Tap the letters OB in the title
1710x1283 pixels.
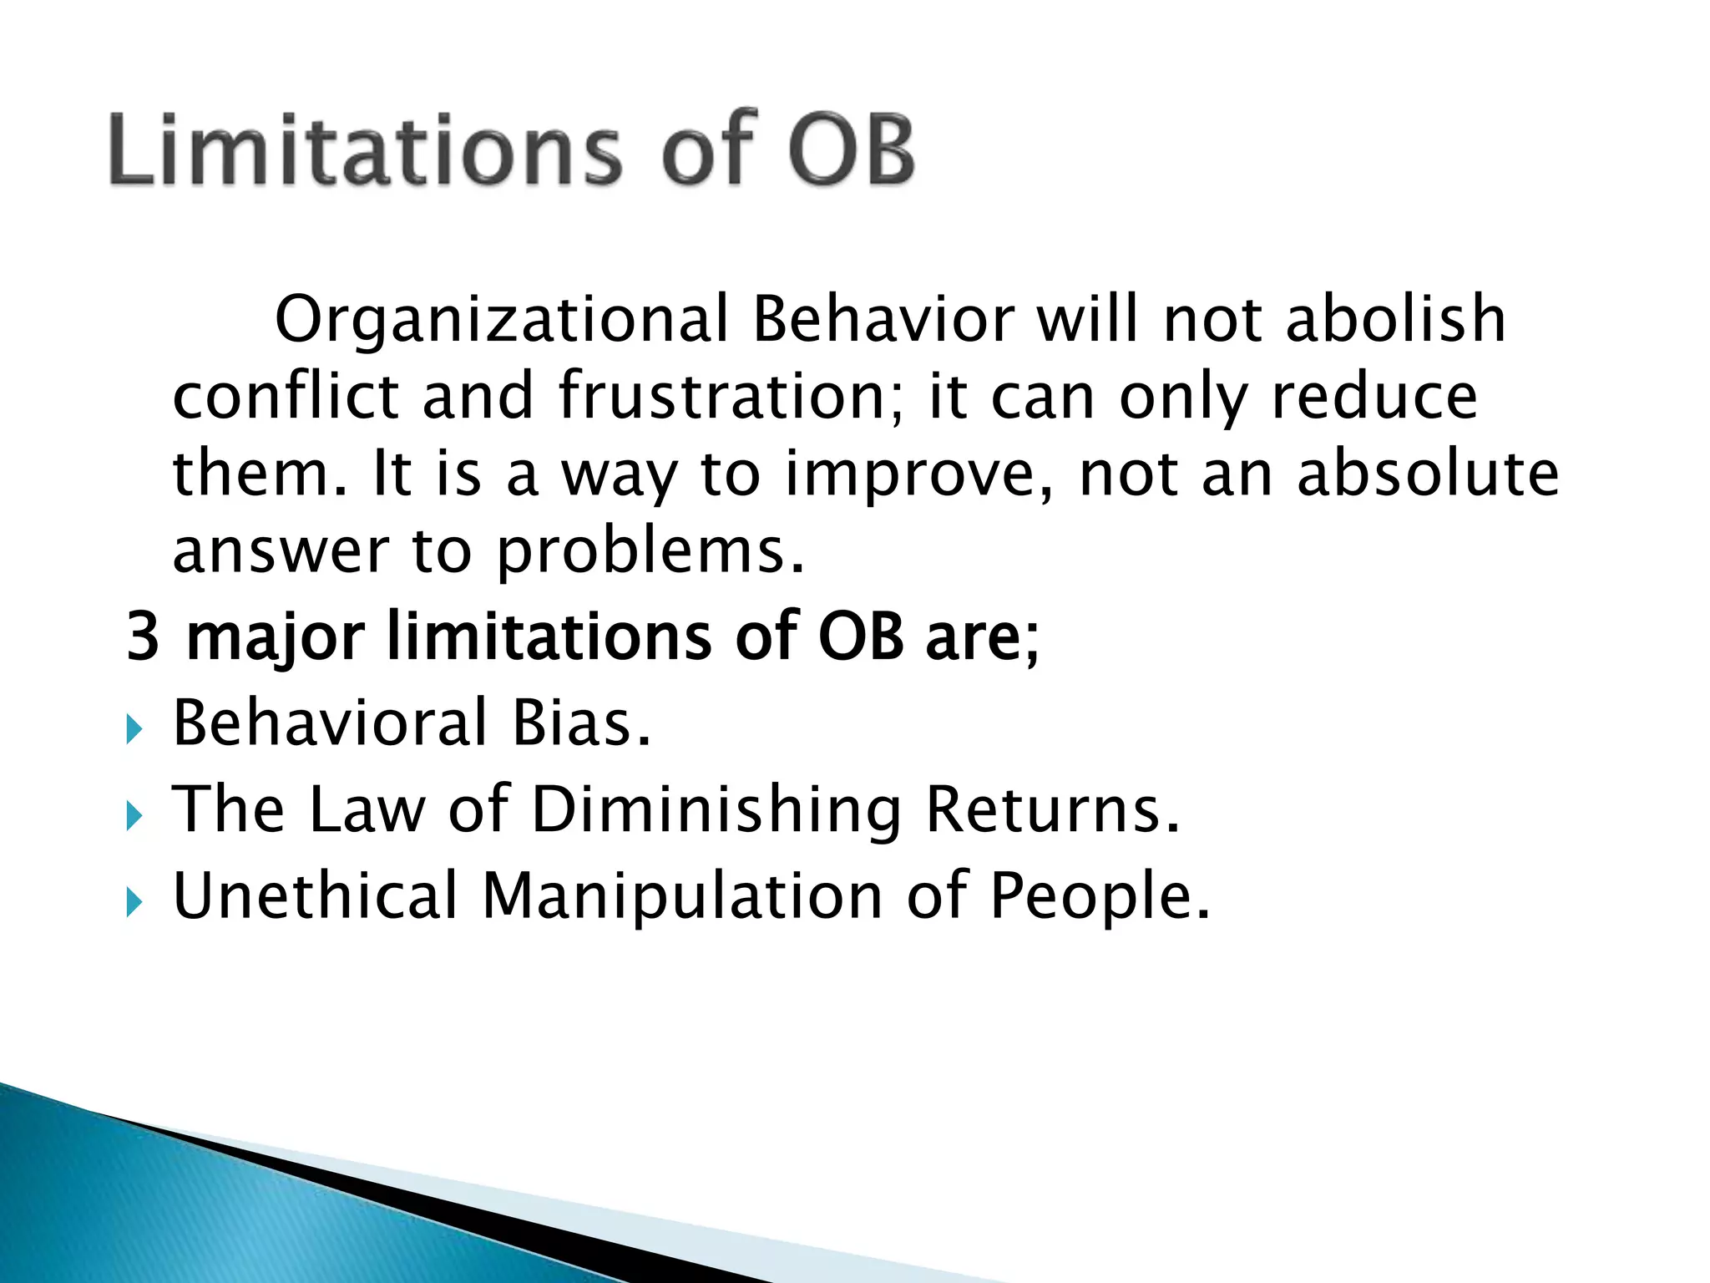coord(851,150)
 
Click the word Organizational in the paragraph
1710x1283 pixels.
coord(502,320)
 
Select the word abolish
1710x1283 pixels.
coord(1395,320)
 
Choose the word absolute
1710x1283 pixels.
coord(1427,474)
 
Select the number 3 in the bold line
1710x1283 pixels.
coord(143,636)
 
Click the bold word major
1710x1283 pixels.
coord(275,636)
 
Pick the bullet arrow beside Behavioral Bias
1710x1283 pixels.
coord(134,730)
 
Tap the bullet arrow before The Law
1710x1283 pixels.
coord(134,816)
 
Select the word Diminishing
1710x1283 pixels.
coord(716,809)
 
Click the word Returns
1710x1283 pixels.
coord(1052,809)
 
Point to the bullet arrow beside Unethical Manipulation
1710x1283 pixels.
coord(134,903)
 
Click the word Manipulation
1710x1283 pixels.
coord(682,896)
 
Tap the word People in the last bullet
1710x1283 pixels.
coord(1099,896)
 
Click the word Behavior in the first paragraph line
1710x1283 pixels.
coord(883,320)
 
